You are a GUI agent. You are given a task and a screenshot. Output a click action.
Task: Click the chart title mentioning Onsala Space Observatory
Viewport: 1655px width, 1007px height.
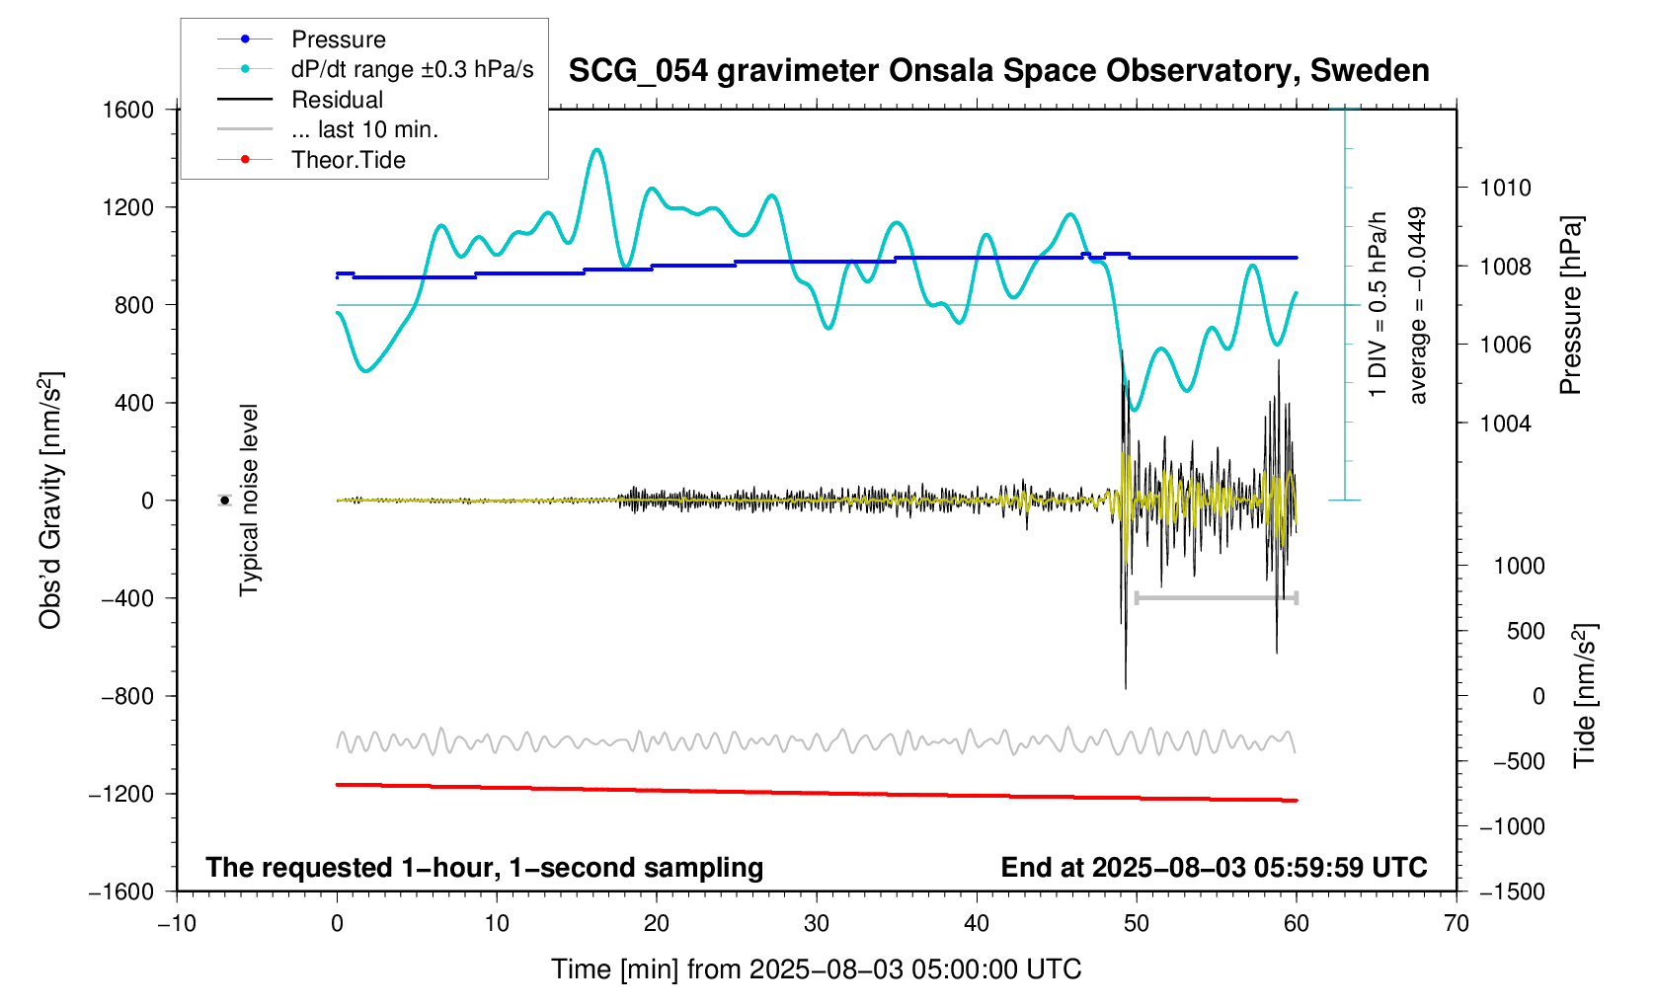(x=998, y=71)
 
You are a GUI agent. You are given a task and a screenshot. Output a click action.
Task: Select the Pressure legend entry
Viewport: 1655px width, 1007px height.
(x=338, y=39)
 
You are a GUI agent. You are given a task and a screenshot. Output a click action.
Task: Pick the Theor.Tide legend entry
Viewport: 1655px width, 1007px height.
(x=348, y=160)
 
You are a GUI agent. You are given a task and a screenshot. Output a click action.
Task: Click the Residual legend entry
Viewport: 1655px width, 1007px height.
(x=337, y=100)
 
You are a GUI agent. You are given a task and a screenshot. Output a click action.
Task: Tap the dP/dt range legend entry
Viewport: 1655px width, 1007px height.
(x=412, y=69)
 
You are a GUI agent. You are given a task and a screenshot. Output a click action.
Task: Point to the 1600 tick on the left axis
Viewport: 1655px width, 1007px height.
(x=128, y=110)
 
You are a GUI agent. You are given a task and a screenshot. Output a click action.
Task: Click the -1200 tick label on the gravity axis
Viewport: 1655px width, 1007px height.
(x=121, y=794)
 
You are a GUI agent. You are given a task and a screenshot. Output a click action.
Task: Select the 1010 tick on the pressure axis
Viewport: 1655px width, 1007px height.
(x=1505, y=188)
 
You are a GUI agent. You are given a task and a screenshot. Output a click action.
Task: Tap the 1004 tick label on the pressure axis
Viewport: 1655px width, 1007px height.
(x=1505, y=424)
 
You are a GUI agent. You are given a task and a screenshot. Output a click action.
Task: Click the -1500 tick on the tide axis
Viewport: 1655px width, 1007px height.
(x=1511, y=891)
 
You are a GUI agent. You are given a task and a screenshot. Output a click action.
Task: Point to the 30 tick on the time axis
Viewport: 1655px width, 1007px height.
(x=817, y=923)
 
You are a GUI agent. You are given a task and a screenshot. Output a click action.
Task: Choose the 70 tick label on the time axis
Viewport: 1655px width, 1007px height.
(x=1457, y=923)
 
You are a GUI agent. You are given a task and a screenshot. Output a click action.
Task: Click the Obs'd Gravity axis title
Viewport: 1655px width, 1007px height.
(x=51, y=501)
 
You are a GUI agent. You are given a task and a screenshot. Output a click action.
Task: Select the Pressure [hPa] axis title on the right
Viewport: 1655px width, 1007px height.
(x=1570, y=306)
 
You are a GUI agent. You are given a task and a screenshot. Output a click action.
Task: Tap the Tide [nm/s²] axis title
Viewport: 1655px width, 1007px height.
(x=1586, y=696)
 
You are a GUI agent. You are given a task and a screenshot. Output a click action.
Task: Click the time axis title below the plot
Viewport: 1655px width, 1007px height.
(x=816, y=969)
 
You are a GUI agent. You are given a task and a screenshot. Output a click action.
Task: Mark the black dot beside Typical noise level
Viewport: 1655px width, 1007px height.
(x=225, y=501)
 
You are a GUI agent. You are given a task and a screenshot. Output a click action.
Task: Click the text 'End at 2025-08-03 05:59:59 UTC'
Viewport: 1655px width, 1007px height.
(x=1214, y=868)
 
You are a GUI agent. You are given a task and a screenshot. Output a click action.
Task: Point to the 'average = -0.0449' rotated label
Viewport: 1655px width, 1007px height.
(x=1418, y=306)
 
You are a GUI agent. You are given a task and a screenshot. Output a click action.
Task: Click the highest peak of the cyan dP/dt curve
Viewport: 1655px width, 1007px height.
(x=596, y=150)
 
